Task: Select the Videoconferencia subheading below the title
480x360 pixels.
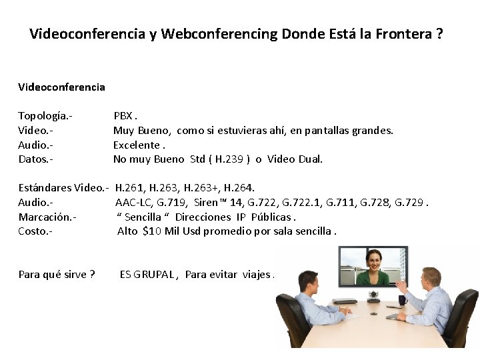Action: pyautogui.click(x=61, y=87)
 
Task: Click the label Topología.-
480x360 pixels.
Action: pyautogui.click(x=45, y=116)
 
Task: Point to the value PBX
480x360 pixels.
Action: pyautogui.click(x=124, y=116)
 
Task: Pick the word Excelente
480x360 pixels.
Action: pyautogui.click(x=137, y=145)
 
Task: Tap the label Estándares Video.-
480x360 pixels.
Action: pyautogui.click(x=63, y=188)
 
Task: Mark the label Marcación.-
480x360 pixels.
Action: pyautogui.click(x=47, y=217)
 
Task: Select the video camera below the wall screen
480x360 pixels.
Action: pyautogui.click(x=374, y=293)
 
